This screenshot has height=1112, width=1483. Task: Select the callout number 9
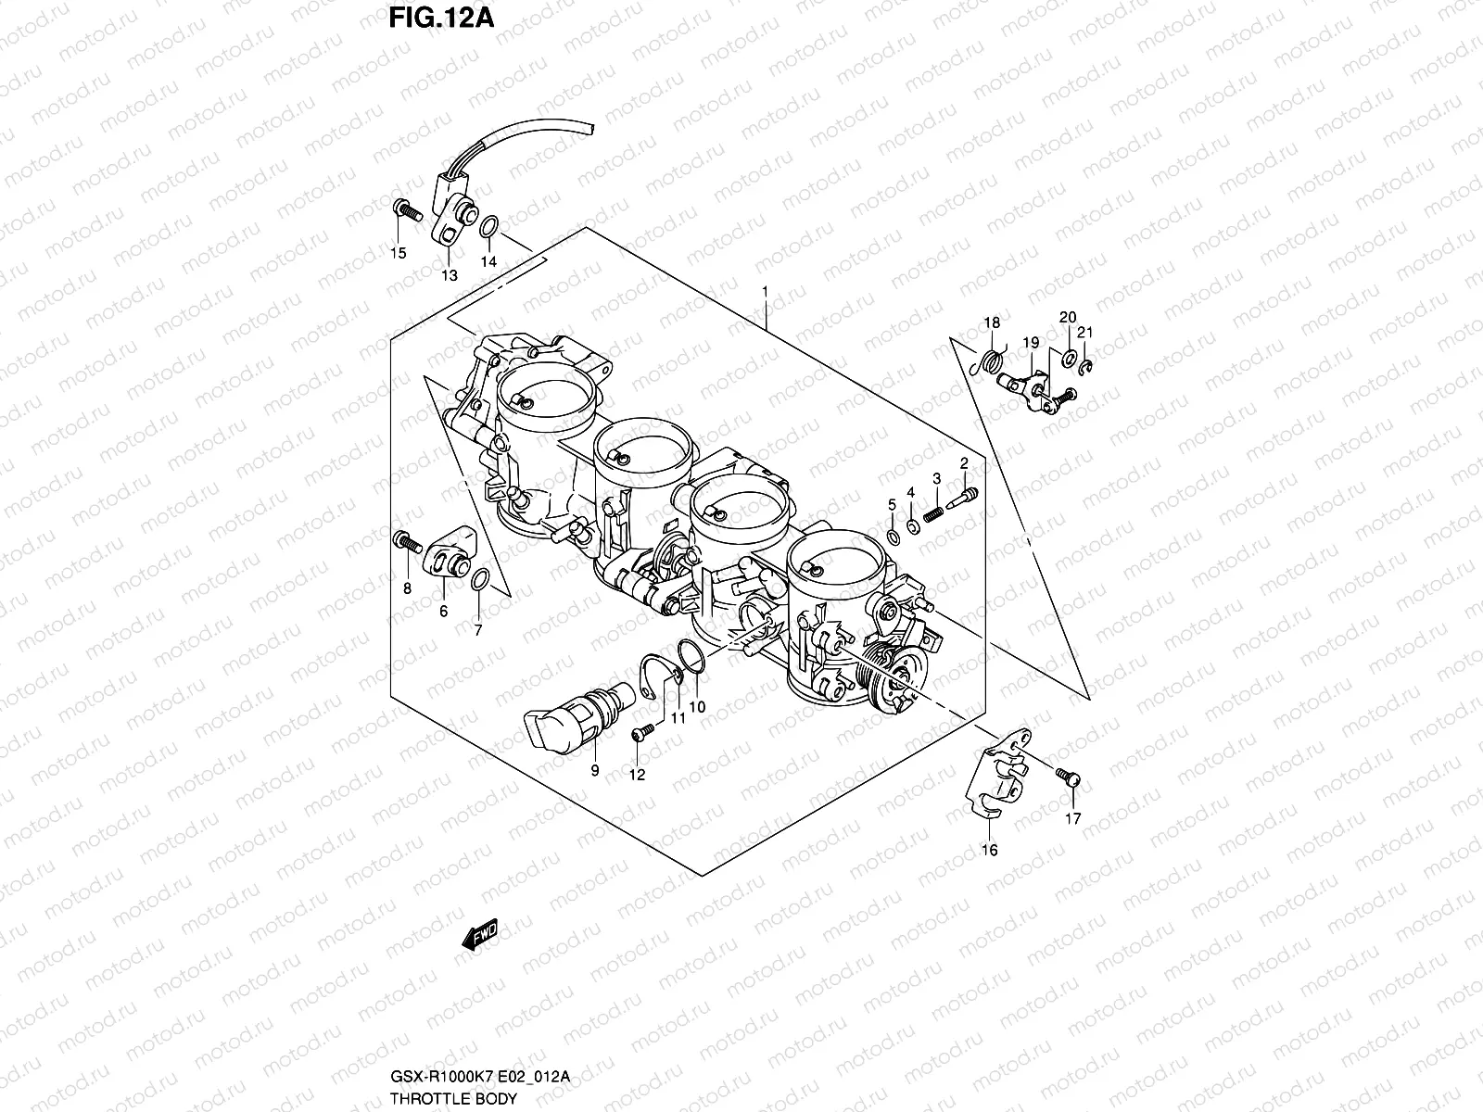pyautogui.click(x=594, y=770)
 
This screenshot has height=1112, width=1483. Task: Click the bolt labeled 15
pyautogui.click(x=405, y=209)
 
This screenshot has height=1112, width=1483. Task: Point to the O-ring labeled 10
pyautogui.click(x=688, y=654)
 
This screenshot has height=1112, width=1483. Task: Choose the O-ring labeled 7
pyautogui.click(x=479, y=581)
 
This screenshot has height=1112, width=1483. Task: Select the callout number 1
pyautogui.click(x=765, y=291)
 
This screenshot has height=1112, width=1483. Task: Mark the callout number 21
pyautogui.click(x=1085, y=333)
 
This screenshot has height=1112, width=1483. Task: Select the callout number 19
pyautogui.click(x=1030, y=342)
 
